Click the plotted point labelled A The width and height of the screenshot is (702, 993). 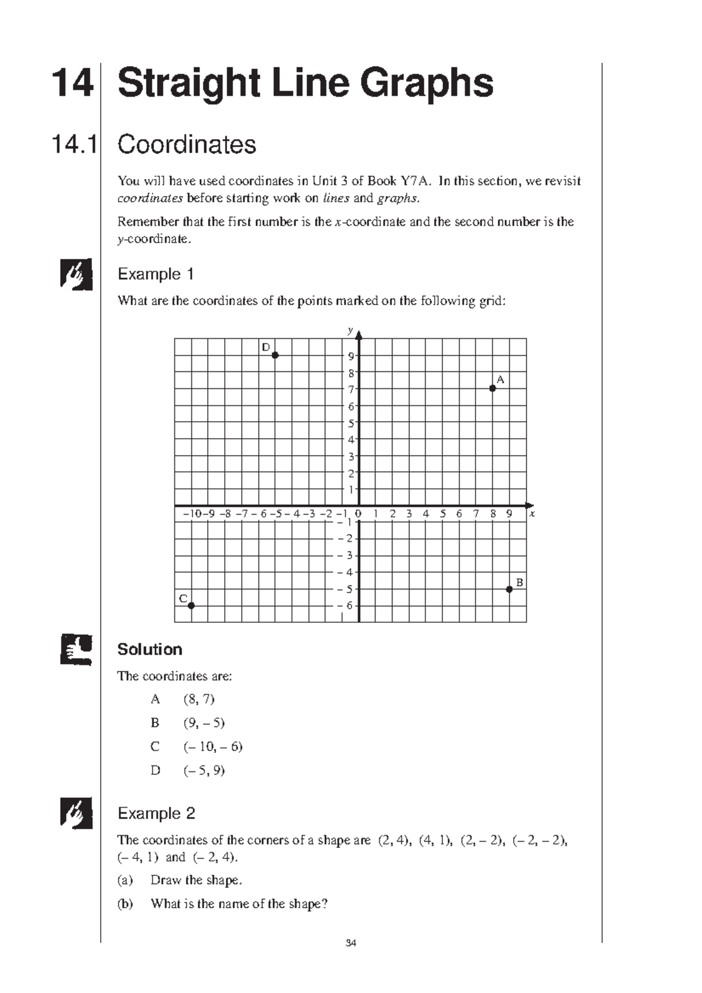tap(493, 388)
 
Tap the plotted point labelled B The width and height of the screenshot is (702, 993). tap(509, 589)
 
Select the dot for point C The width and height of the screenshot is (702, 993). tap(191, 606)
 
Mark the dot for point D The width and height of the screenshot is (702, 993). tap(275, 355)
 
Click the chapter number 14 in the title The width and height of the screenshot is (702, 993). tap(72, 83)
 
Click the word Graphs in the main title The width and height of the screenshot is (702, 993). tap(426, 83)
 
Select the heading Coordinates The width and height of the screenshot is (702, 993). tap(187, 144)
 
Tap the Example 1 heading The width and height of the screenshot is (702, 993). tap(156, 274)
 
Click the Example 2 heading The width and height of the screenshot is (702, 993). tap(156, 813)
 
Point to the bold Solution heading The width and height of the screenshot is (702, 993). tap(150, 649)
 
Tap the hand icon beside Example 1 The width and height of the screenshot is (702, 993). tap(76, 274)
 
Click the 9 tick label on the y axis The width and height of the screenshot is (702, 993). tap(351, 356)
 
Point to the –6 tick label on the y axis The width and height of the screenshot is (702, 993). tap(346, 606)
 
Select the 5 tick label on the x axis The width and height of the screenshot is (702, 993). tap(442, 514)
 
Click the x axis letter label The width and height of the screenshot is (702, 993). tap(532, 514)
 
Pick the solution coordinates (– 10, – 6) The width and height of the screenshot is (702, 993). tap(213, 746)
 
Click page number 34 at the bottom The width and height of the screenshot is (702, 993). tap(351, 943)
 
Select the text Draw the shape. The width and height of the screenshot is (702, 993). tap(196, 880)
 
